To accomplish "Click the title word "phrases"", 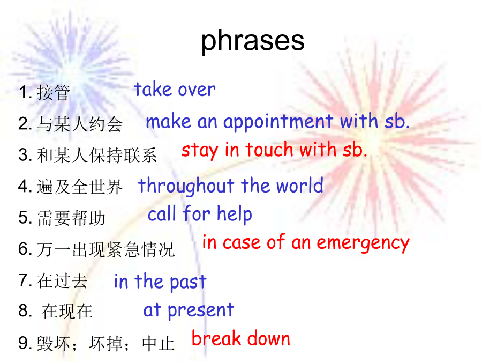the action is click(x=253, y=42).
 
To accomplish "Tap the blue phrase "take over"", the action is click(x=175, y=90).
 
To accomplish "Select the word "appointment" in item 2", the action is click(x=278, y=122).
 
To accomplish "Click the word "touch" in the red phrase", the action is click(x=269, y=150).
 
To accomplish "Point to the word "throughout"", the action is click(x=186, y=186).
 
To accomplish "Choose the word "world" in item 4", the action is click(x=299, y=186).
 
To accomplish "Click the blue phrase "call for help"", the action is click(x=200, y=214).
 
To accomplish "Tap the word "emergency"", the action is click(x=363, y=243).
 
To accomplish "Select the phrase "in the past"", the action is click(x=160, y=282).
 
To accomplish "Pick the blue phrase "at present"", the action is click(x=189, y=311).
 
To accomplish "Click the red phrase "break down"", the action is click(x=240, y=338).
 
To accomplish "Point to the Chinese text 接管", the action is click(x=54, y=92).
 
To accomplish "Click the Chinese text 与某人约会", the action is click(x=80, y=124).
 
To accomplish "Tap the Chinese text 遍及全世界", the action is click(x=80, y=187).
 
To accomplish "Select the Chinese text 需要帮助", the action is click(x=71, y=218).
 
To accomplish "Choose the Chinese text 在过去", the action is click(x=62, y=280).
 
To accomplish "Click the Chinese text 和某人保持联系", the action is click(x=97, y=155).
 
